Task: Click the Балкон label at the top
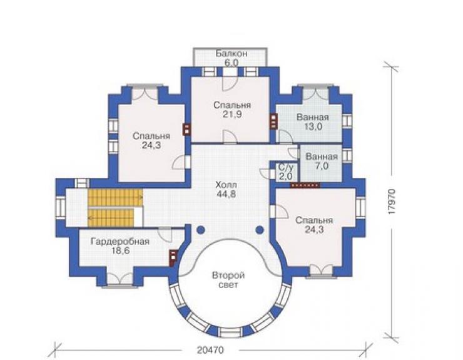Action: point(231,53)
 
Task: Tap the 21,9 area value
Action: point(232,115)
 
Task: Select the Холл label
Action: point(226,185)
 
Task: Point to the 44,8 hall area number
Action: point(226,194)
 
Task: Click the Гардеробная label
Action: point(120,242)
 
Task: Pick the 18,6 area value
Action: point(120,250)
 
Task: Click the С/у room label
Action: point(286,168)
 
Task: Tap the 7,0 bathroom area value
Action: point(322,166)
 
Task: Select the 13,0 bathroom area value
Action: point(313,126)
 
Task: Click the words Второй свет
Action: point(228,280)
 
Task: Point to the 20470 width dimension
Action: point(210,350)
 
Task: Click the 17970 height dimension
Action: point(392,201)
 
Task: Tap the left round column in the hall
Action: point(200,230)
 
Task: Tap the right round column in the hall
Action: point(260,230)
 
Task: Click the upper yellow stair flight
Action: point(115,198)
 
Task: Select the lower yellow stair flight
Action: point(111,218)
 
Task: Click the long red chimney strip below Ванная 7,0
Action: point(305,185)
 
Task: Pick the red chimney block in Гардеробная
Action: point(173,258)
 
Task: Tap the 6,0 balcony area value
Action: point(232,63)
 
